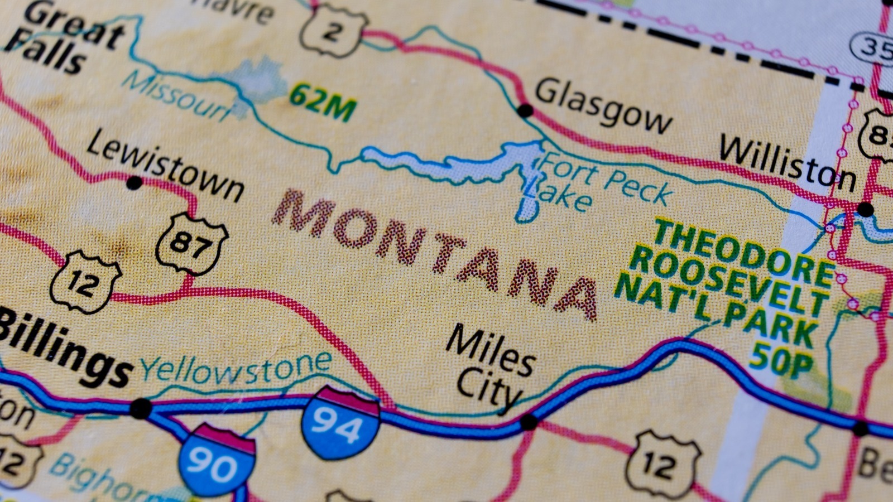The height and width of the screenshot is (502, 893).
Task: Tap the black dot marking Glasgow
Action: (x=525, y=110)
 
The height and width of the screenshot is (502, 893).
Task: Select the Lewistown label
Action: (x=165, y=166)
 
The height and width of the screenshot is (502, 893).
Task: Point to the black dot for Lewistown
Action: (x=134, y=182)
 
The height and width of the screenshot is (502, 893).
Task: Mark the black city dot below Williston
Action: (x=865, y=210)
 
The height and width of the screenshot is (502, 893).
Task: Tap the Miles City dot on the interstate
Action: (x=528, y=422)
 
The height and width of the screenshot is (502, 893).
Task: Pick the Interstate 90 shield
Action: (x=218, y=460)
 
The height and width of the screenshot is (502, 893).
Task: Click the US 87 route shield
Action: (x=191, y=243)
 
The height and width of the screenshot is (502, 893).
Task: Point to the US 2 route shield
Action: (x=333, y=31)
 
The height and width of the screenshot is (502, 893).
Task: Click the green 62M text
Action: (x=323, y=102)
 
